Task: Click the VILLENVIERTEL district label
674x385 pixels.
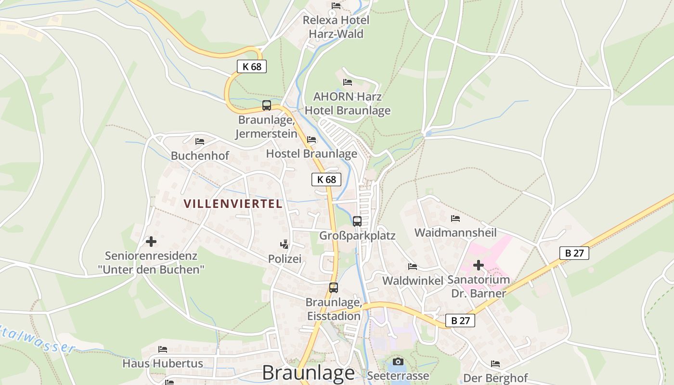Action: pos(233,204)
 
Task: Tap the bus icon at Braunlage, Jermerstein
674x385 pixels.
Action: pos(267,105)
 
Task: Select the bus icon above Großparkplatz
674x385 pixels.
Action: pos(357,221)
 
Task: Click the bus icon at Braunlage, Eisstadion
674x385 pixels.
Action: pos(334,288)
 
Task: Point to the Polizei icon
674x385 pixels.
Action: pos(285,244)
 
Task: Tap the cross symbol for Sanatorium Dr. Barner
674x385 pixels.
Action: pos(479,265)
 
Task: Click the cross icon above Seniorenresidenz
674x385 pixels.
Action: pos(151,241)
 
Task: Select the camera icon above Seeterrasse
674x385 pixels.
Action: pos(398,361)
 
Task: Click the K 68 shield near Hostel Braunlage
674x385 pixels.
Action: pos(326,180)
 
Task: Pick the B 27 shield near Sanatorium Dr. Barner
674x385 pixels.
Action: pos(574,253)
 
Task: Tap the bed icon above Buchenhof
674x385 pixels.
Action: pos(200,141)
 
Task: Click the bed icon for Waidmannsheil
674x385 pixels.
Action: pos(455,218)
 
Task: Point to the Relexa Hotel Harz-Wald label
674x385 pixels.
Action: pos(336,27)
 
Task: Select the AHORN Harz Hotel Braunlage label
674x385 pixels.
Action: pos(348,103)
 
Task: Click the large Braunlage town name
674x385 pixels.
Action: pos(309,373)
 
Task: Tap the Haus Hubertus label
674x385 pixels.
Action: pos(163,363)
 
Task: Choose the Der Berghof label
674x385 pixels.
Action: pos(495,378)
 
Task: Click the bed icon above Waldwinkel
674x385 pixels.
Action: pos(413,267)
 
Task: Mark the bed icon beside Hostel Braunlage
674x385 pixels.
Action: pos(311,140)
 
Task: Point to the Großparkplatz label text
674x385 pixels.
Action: pos(357,236)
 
